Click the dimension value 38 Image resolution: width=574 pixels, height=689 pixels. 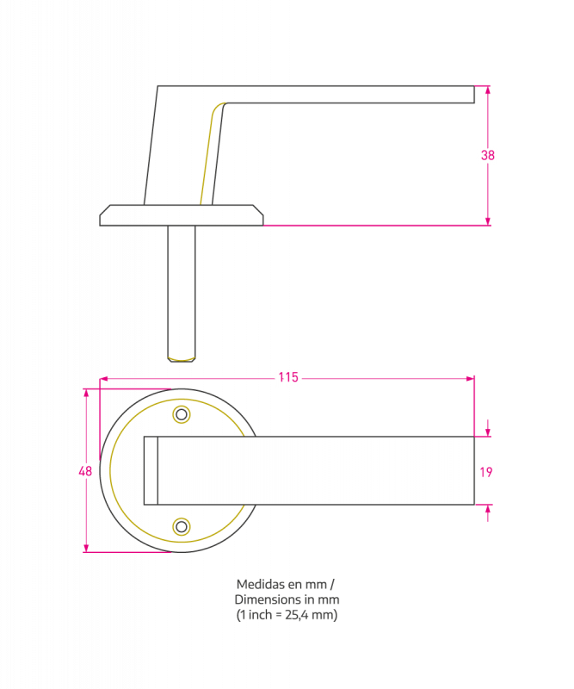click(x=488, y=156)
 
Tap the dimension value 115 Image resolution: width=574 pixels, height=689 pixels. click(x=287, y=377)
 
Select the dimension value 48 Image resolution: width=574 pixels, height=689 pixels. click(x=85, y=471)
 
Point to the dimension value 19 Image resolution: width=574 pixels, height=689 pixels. click(x=486, y=471)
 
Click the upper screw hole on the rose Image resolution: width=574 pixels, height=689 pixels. click(x=182, y=415)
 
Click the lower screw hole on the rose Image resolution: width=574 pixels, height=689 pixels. click(x=182, y=526)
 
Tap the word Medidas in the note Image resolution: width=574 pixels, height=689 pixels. click(x=257, y=584)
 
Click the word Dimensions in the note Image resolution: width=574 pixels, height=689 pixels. click(x=266, y=599)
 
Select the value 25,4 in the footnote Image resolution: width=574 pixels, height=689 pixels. click(x=297, y=615)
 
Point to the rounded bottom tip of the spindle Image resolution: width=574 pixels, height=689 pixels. click(x=182, y=357)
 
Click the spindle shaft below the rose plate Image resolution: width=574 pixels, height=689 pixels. click(x=182, y=284)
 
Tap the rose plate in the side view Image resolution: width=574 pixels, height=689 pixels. click(x=182, y=215)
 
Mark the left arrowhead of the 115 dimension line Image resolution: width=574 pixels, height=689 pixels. click(x=104, y=378)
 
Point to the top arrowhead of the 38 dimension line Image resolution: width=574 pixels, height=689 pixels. click(x=488, y=89)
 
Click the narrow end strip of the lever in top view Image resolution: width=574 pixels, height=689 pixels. click(x=151, y=470)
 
